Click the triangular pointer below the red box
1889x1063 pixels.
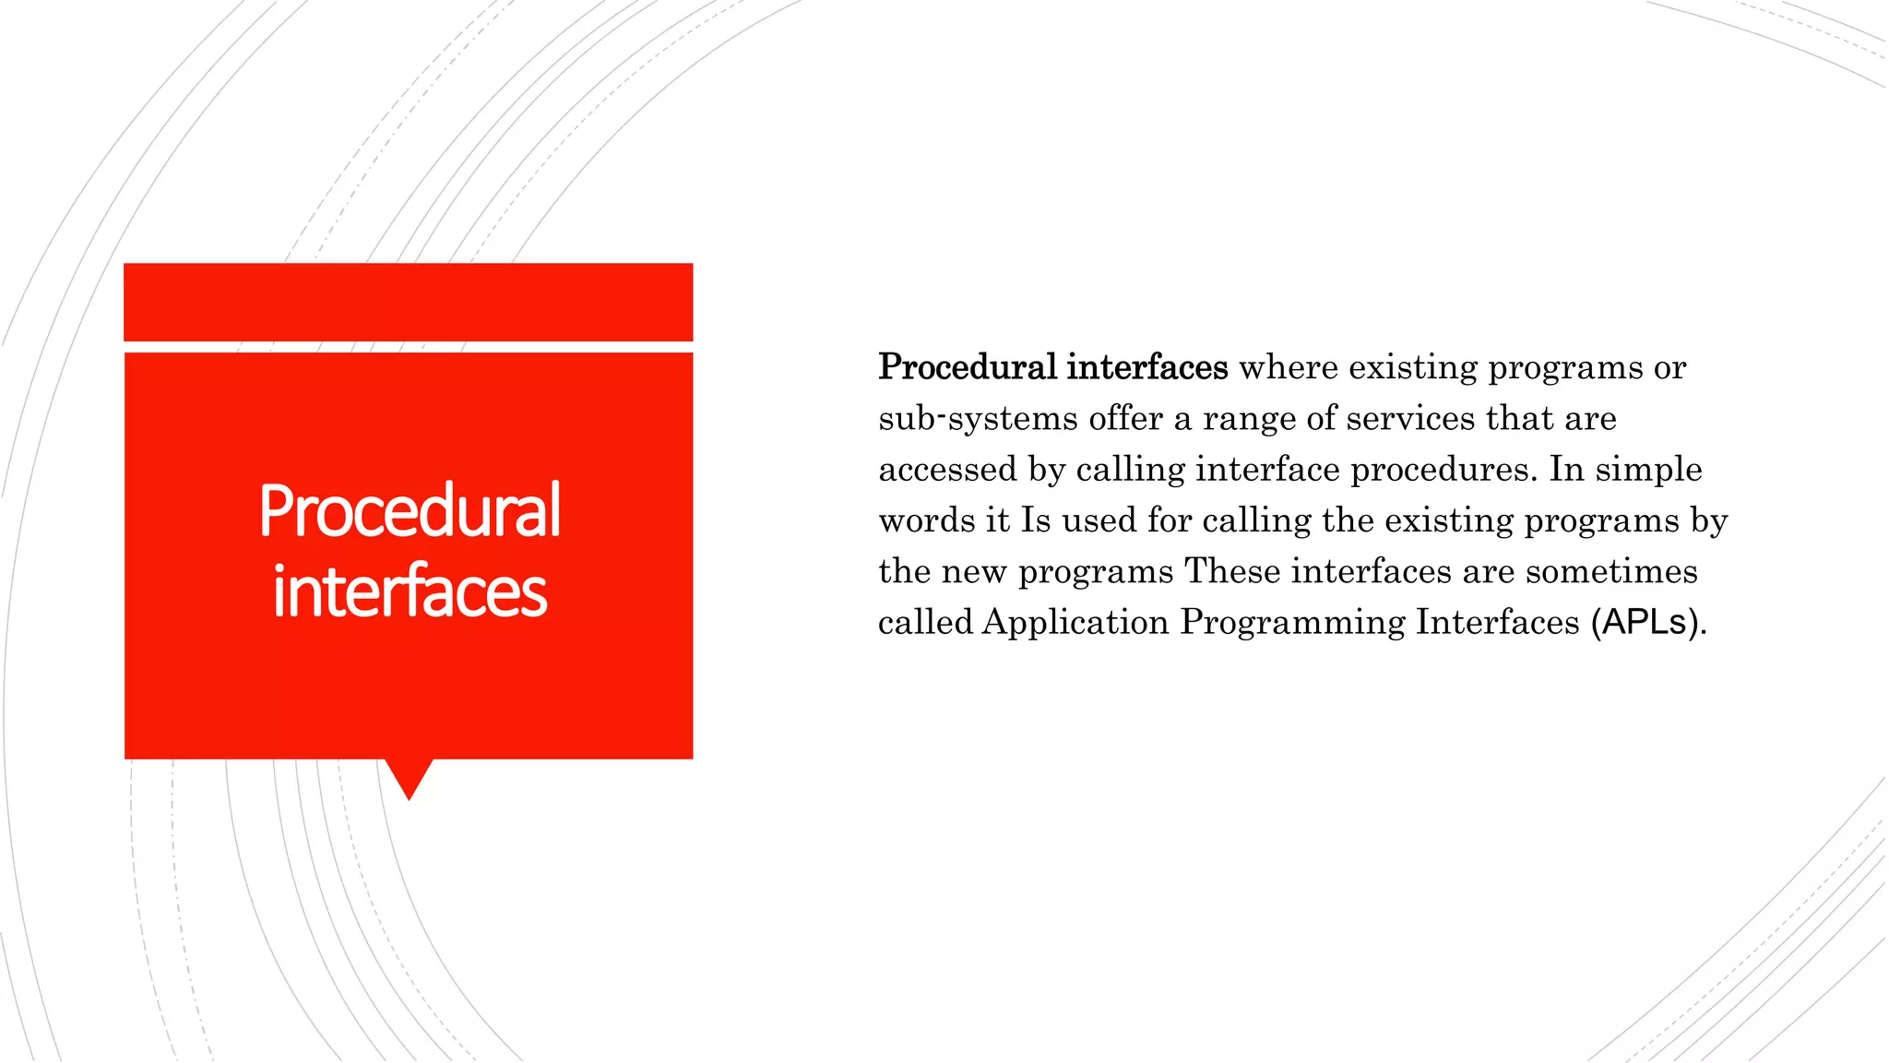pos(409,778)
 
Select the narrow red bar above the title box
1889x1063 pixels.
pos(408,302)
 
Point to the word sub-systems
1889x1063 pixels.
pos(978,419)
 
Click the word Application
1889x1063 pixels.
pos(1075,623)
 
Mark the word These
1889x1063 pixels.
pos(1232,571)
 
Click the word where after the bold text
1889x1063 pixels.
pos(1288,367)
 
